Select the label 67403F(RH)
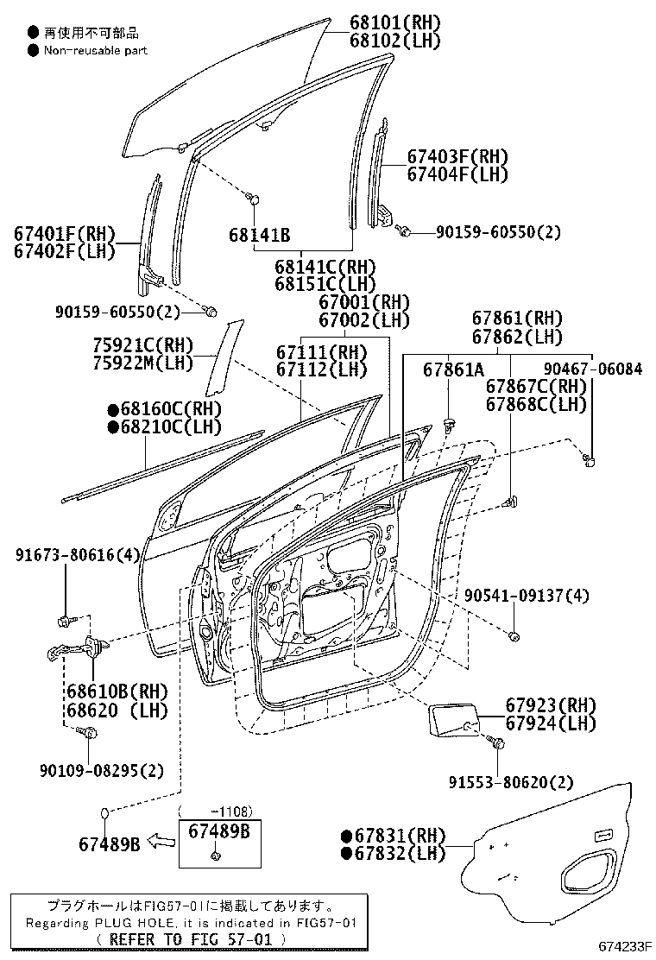tap(457, 157)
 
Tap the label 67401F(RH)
tap(64, 233)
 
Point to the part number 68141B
tap(259, 235)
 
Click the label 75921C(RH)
tap(144, 344)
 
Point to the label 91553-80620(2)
tap(510, 782)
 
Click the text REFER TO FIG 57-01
tap(186, 938)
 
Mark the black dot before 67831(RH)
tap(347, 836)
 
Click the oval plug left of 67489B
tap(103, 813)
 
